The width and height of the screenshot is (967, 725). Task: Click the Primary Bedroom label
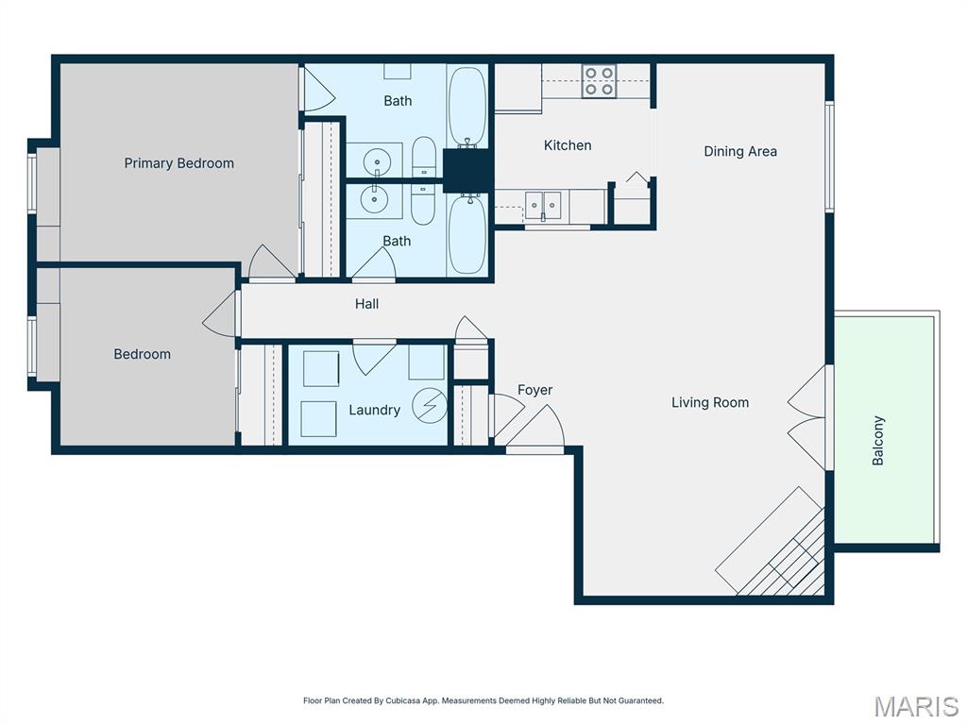178,163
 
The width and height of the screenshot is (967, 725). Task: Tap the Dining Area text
740,151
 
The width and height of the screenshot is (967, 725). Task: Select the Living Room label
710,402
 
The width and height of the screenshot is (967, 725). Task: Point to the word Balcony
878,441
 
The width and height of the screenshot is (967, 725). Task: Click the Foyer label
534,390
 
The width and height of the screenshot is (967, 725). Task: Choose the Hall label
367,304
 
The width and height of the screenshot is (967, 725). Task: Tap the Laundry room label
374,410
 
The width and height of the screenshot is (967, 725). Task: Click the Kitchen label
568,145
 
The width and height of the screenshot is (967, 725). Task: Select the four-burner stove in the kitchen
599,82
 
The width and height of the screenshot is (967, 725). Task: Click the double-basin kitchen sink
543,205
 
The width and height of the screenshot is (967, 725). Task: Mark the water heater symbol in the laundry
430,406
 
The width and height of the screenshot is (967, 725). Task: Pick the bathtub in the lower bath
467,233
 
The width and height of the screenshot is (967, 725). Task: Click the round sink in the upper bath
377,160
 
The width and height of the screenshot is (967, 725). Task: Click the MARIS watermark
915,706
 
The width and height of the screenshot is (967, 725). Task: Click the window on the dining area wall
829,156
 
